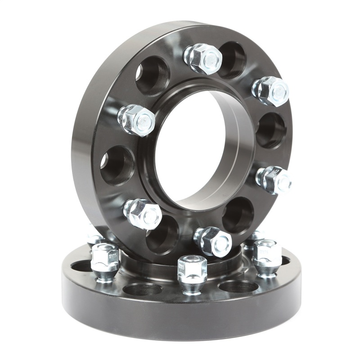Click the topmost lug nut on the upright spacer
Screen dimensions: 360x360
pos(203,58)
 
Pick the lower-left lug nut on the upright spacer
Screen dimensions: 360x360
pos(143,214)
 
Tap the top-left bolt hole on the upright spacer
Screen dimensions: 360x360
pos(152,75)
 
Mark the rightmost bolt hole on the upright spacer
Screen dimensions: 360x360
pos(271,130)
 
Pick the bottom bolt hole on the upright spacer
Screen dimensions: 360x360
pos(162,234)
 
